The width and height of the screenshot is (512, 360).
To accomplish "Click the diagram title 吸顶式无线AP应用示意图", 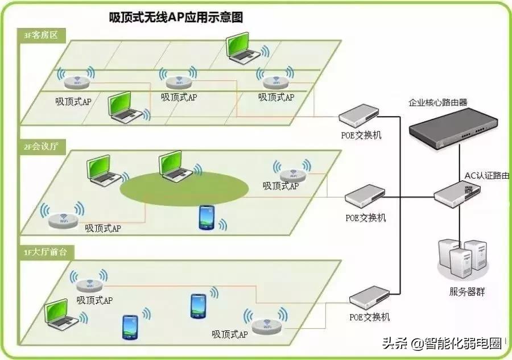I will pos(176,18).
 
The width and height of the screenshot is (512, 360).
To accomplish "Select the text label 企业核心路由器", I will pos(438,102).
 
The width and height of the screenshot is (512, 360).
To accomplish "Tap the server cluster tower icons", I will pos(461,259).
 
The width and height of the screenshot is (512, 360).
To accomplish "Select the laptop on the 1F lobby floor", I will pos(59,313).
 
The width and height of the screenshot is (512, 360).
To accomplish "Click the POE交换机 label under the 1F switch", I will pos(370,317).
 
